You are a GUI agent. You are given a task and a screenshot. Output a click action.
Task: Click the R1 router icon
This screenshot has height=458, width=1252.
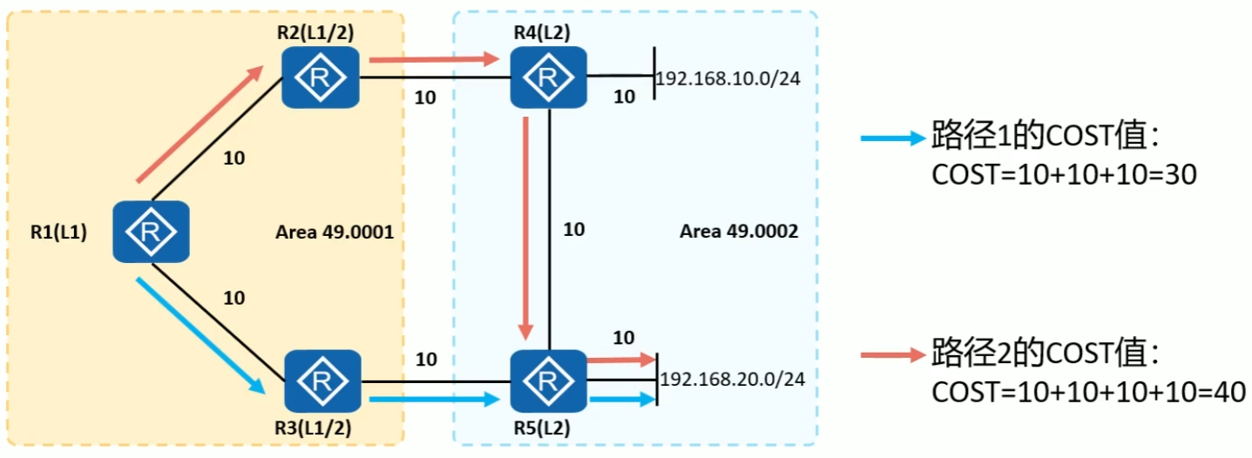click(152, 232)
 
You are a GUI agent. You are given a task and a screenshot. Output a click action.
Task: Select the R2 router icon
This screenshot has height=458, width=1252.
click(321, 77)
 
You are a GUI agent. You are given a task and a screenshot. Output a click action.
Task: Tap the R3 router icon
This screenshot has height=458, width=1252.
click(321, 381)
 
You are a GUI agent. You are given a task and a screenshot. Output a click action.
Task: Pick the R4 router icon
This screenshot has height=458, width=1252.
click(549, 77)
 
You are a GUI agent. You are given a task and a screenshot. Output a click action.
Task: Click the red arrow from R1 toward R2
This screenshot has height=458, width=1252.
click(200, 125)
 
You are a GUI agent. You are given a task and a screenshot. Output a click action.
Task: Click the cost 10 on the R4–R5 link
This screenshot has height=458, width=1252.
click(574, 230)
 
